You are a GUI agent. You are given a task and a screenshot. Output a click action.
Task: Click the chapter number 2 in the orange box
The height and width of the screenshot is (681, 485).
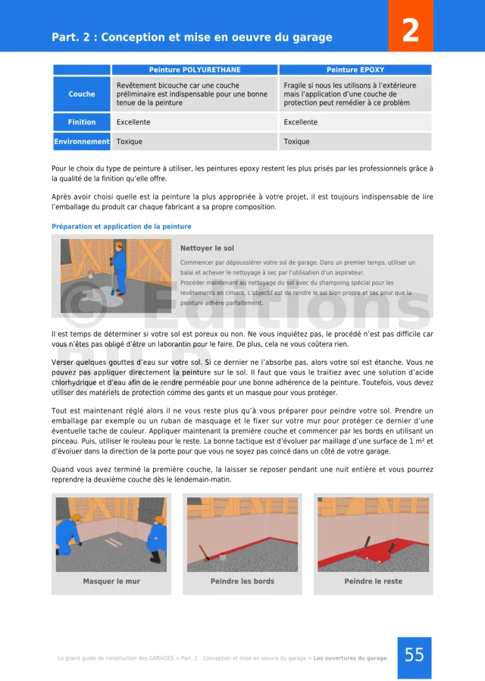coord(410,31)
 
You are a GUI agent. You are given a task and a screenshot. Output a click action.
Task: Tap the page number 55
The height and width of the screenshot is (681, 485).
coord(415,655)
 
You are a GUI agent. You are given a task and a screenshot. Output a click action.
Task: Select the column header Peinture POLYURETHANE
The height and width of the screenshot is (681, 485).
coord(195,70)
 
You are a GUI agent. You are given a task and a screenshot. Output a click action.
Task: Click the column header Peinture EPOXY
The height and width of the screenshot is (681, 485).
coord(355,70)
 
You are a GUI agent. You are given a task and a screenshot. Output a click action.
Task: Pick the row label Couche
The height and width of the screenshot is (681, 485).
coord(82,94)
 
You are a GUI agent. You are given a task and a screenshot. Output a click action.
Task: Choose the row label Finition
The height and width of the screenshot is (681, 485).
coord(82,122)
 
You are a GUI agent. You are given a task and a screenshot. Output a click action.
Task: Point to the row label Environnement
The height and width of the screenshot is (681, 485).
coord(82,142)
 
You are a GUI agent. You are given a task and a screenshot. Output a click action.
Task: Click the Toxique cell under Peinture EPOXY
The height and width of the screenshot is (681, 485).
coord(296,142)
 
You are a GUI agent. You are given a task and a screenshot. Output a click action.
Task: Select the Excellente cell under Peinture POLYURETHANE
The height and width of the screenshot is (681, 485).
coord(133,122)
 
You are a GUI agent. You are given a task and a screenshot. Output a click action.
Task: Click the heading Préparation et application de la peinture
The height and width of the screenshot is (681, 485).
coord(121,227)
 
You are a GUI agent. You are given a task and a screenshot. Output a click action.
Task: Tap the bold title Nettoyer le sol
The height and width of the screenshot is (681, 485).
coord(207,248)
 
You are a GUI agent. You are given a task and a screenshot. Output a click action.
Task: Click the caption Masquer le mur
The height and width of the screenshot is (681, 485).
coord(111,582)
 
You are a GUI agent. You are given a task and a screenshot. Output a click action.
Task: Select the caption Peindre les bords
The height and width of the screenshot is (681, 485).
coord(242,582)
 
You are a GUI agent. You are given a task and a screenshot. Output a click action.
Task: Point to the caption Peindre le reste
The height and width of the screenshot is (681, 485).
coord(374,582)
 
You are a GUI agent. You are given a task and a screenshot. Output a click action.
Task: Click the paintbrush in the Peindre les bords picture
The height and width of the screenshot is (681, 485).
coord(204,552)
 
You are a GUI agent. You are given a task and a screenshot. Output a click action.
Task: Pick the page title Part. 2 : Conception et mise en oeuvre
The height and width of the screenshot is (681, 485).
coord(192,37)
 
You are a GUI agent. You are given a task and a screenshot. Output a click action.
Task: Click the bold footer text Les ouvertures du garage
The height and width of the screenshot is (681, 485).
coord(350,658)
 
